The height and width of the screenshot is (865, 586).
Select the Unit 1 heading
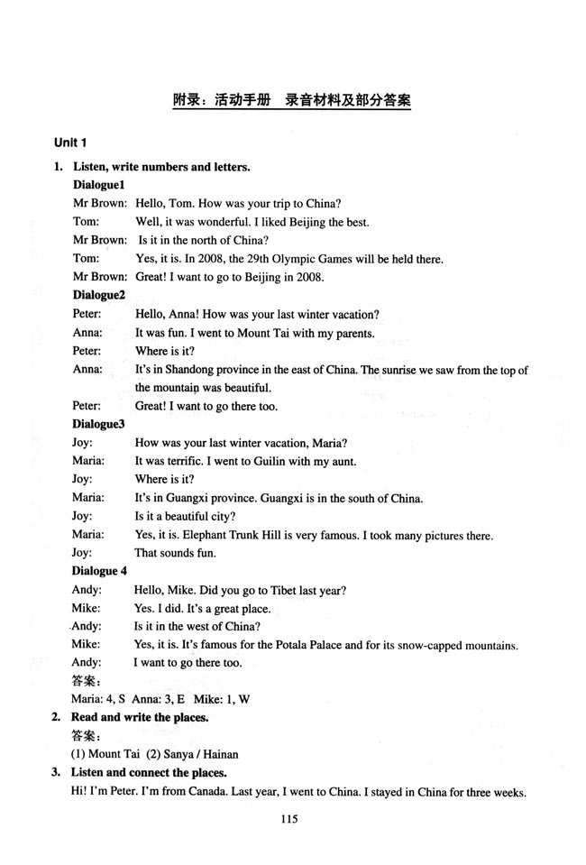coord(70,143)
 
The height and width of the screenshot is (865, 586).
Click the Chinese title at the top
coord(292,99)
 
